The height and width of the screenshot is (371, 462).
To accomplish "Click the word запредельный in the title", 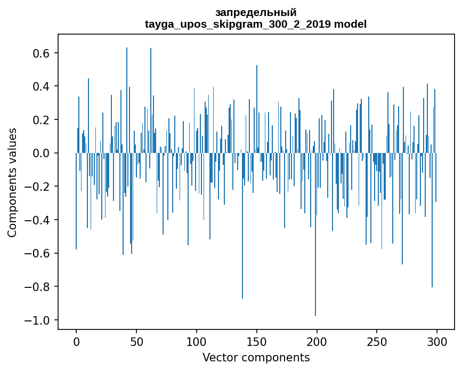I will tap(256, 12).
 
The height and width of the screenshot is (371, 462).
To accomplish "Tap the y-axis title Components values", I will tap(12, 182).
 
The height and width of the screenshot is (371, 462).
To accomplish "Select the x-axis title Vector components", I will tap(256, 358).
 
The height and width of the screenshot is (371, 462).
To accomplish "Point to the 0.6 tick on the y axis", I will tap(41, 53).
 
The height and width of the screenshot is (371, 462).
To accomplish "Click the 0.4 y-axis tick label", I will tap(41, 86).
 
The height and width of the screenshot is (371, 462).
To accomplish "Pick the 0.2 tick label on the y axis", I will tap(41, 120).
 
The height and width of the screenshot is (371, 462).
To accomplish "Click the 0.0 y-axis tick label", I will tap(41, 154).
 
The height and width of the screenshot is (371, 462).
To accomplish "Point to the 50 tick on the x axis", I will tap(136, 342).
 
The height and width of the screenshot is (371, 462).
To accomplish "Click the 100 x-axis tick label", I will tap(197, 342).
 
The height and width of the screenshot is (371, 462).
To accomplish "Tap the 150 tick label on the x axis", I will tap(257, 342).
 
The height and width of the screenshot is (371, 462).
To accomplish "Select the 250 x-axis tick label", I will tap(377, 342).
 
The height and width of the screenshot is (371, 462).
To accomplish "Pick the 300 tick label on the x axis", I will tap(437, 342).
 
